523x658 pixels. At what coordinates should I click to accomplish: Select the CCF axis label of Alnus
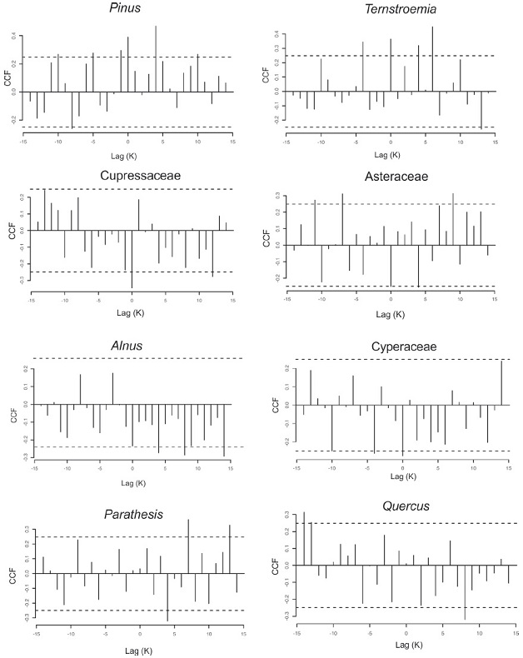pos(12,412)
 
